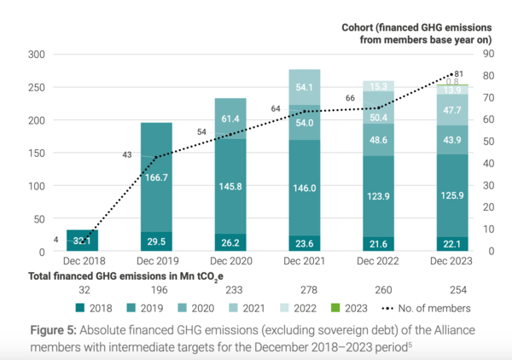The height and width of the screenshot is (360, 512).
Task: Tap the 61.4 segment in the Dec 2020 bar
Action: (x=230, y=118)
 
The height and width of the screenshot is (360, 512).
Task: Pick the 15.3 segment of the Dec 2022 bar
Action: (x=378, y=86)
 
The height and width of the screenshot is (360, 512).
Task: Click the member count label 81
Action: (x=458, y=73)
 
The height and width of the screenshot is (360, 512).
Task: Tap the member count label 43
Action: (x=127, y=154)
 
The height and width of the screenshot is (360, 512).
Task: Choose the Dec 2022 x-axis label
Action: (x=378, y=263)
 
